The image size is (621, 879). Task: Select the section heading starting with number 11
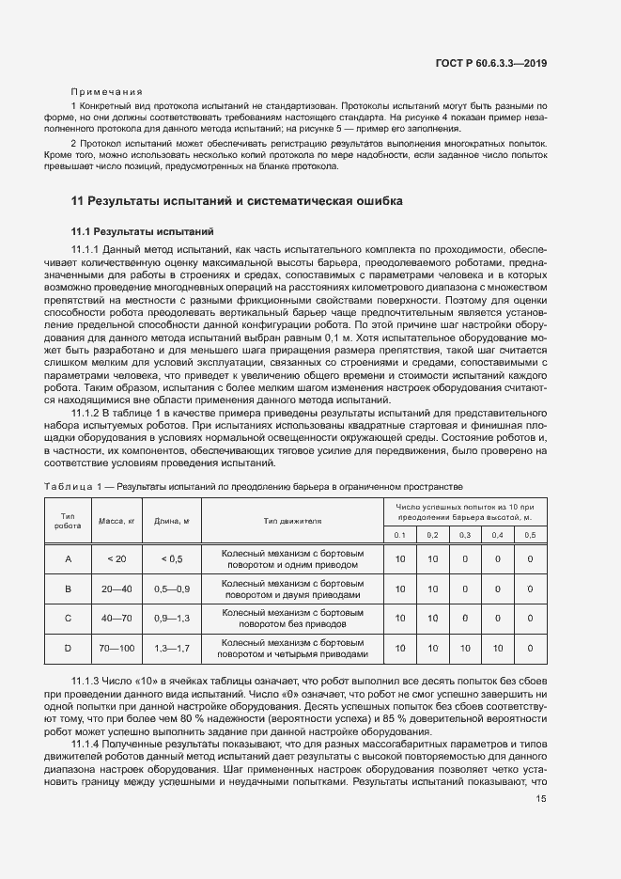(238, 200)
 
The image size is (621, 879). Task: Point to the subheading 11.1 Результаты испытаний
(143, 229)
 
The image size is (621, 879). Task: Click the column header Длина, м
(172, 520)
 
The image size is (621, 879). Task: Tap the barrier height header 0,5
(530, 534)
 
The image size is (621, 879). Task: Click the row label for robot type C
(68, 618)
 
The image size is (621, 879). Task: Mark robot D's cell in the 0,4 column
(497, 649)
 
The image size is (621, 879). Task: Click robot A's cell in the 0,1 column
(399, 558)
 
